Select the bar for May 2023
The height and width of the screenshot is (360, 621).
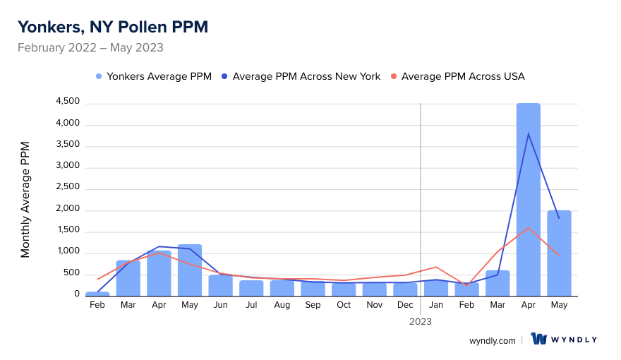point(559,253)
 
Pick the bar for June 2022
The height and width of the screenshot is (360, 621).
point(220,285)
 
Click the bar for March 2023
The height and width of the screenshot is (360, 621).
point(498,283)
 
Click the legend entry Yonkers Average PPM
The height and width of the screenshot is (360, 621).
point(153,76)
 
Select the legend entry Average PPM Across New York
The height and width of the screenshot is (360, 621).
point(301,76)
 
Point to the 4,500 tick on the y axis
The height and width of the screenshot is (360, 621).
point(68,102)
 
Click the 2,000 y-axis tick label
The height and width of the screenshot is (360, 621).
point(68,210)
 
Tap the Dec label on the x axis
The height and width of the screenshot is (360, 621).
point(405,305)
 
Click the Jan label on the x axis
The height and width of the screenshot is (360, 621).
point(436,305)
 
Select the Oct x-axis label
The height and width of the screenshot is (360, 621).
point(344,305)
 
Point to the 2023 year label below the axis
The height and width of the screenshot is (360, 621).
point(421,321)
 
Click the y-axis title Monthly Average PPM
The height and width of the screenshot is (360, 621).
point(25,199)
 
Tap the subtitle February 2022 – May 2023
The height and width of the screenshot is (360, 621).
point(90,48)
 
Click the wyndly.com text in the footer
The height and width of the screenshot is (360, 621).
point(493,340)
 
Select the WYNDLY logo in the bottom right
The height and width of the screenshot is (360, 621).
point(564,340)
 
